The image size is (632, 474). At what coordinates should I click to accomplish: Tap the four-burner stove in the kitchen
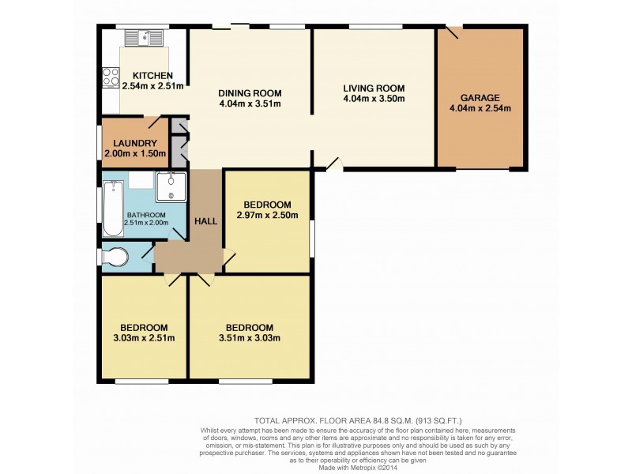(x=110, y=77)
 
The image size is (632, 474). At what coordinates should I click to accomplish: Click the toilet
(x=115, y=258)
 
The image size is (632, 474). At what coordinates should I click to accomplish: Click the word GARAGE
(x=480, y=98)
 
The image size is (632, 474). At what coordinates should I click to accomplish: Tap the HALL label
(x=206, y=222)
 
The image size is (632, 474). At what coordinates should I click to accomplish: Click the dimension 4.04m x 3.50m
(x=374, y=100)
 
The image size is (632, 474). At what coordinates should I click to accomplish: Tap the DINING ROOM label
(x=250, y=93)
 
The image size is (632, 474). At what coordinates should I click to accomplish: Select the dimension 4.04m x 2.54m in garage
(x=480, y=109)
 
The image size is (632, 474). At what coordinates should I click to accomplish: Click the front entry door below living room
(x=333, y=164)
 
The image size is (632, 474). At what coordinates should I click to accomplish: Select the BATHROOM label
(x=146, y=216)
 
